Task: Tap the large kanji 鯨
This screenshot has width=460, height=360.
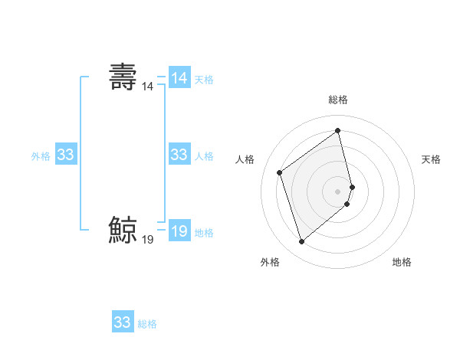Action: pos(123,230)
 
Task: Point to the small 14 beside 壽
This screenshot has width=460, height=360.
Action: pos(147,87)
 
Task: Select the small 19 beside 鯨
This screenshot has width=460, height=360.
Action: pos(147,241)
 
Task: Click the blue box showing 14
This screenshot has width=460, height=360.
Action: pos(179,78)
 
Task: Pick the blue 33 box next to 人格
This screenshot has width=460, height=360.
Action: pos(179,155)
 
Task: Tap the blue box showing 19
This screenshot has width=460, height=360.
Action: pos(179,231)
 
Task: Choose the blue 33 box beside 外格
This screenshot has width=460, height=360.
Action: pos(66,155)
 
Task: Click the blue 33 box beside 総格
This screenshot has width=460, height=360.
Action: pos(123,322)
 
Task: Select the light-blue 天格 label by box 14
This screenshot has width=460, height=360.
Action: pos(204,79)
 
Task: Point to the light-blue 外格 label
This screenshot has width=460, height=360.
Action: pos(41,155)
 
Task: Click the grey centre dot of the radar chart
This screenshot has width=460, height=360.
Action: pos(338,190)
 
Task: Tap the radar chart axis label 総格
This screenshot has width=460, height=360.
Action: pos(338,100)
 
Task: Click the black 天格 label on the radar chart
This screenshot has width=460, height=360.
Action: pos(431,159)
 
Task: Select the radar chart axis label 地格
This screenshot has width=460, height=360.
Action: pos(402,262)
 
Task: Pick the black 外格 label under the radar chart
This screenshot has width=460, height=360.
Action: pos(270,262)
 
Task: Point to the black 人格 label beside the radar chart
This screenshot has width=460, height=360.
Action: pos(245,159)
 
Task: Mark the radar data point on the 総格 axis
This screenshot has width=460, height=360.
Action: pos(338,131)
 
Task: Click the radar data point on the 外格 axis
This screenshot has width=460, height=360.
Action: pos(301,242)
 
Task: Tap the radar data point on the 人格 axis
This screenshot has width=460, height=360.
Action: pos(280,172)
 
